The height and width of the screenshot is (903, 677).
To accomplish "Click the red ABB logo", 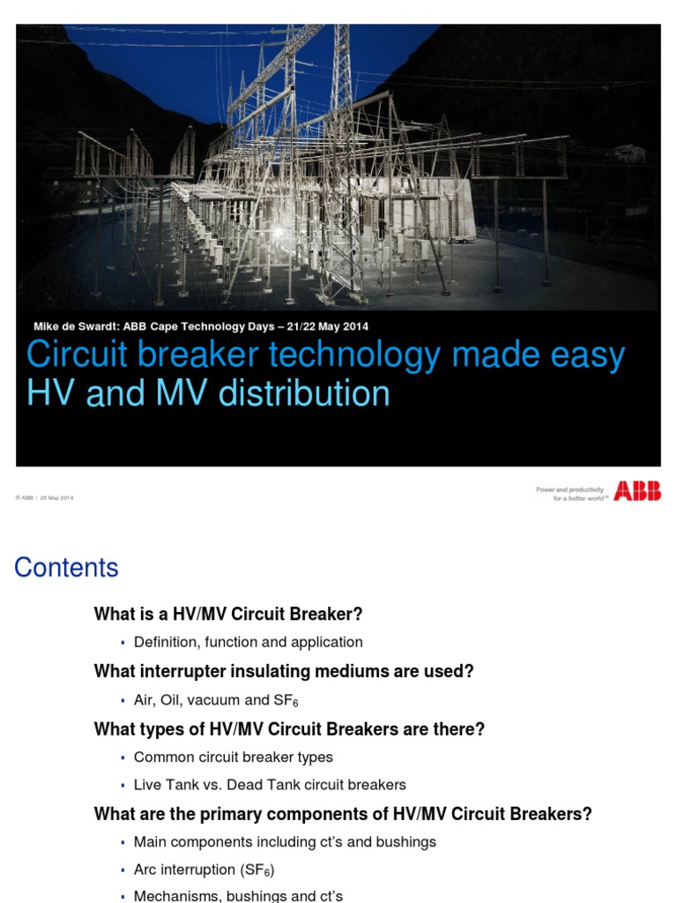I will point(637,491).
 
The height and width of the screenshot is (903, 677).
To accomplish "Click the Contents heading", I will point(66,568).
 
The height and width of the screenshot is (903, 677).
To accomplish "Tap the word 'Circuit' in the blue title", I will point(76,355).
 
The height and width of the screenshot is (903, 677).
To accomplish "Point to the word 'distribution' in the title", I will point(305,393).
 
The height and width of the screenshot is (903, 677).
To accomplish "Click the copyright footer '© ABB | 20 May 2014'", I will point(44,498).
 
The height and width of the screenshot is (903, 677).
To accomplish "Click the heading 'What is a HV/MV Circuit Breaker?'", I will point(228,614).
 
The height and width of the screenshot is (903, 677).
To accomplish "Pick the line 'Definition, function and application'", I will point(248,642).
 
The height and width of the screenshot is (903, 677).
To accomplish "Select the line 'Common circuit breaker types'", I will point(233,757).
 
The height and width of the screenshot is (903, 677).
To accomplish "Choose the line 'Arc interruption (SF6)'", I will point(204,870).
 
